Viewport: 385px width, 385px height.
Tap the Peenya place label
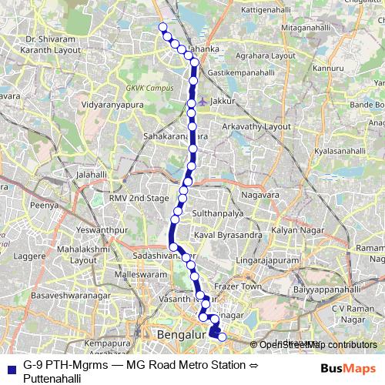pos(44,206)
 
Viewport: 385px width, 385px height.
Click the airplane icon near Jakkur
pos(202,100)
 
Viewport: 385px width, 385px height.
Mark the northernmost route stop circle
pos(162,28)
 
